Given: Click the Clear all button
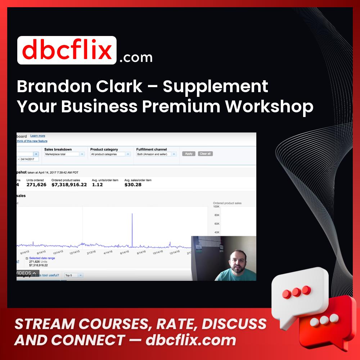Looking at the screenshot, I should pos(205,154).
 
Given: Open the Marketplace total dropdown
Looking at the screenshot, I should pos(64,154).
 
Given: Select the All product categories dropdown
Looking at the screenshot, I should pos(110,154).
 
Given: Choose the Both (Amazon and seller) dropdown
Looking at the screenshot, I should pos(156,154).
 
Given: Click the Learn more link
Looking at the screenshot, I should pos(38,136).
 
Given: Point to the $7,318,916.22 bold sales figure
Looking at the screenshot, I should pos(69,185).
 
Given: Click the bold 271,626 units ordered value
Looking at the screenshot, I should pos(36,185).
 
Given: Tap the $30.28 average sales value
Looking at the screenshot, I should pos(133,185).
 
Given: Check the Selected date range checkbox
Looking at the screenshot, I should pos(27,258).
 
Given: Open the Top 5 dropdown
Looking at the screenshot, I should pos(73,275).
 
